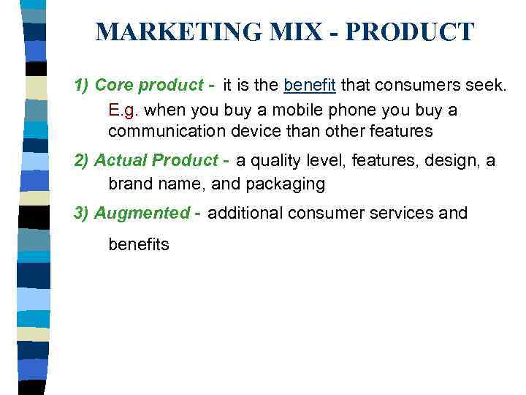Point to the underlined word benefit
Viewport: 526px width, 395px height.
(x=309, y=86)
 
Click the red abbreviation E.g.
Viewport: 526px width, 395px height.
(x=124, y=110)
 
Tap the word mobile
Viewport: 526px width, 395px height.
(x=286, y=110)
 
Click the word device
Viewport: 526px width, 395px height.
(x=253, y=132)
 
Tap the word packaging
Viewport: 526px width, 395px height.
(x=289, y=184)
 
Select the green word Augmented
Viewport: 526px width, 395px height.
(x=142, y=213)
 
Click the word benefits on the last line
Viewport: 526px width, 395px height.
(x=139, y=244)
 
